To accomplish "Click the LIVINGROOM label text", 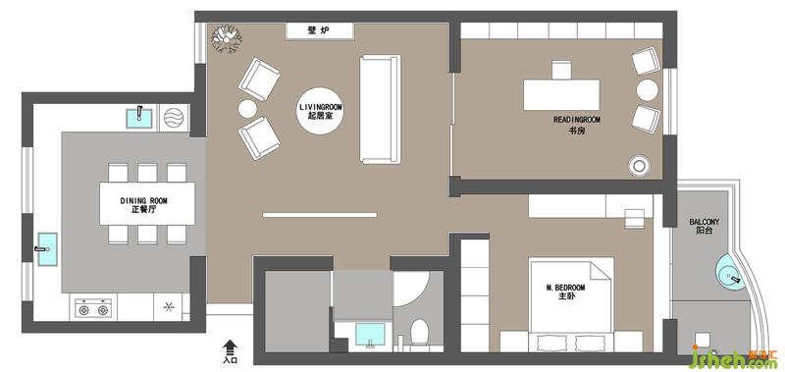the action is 321,107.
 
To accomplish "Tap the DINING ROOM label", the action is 143,201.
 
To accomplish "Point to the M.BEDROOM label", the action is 565,288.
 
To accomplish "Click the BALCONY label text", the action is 704,222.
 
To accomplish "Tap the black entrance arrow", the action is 230,346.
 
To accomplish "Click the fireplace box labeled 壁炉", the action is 320,31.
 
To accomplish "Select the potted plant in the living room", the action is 227,38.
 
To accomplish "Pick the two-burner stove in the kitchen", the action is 92,307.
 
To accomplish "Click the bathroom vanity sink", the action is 370,335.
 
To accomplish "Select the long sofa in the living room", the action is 381,109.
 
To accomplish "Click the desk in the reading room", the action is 561,94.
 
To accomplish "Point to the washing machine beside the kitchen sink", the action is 174,118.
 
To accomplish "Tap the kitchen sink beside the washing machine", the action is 140,118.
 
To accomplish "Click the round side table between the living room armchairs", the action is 247,109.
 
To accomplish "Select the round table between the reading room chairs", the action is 648,90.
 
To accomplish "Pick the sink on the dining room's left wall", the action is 46,249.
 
